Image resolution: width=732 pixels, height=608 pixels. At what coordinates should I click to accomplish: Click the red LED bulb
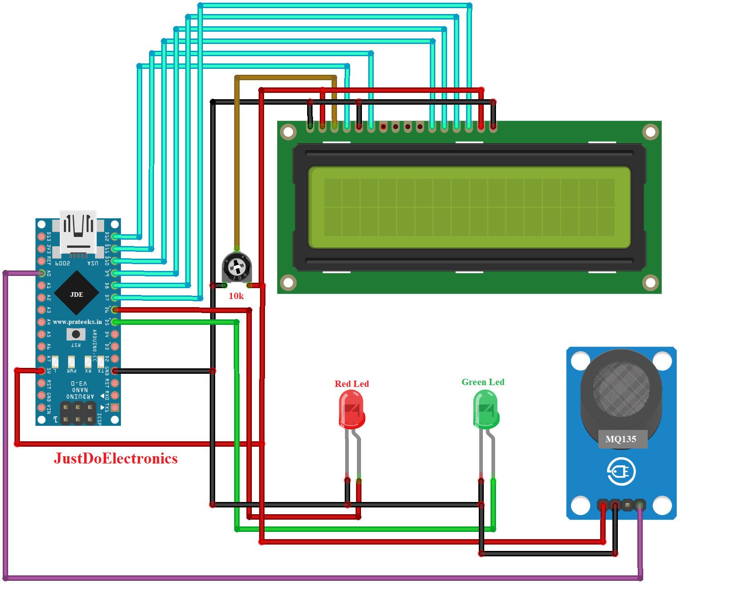pos(352,410)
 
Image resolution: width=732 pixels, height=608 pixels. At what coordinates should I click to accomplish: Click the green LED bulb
pos(486,410)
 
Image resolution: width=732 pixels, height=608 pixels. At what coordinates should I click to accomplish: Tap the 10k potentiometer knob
pos(236,267)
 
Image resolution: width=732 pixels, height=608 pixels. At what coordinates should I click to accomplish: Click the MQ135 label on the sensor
pos(621,439)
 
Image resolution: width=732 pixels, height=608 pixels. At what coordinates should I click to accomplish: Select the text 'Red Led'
pos(352,384)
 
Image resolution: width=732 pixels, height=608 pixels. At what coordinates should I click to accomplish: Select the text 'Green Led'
pos(483,382)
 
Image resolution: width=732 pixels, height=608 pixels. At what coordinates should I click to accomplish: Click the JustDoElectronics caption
pos(116,458)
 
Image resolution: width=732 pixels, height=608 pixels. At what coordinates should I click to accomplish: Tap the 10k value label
pos(236,296)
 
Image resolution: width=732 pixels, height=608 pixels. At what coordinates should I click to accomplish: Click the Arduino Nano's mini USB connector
pos(78,231)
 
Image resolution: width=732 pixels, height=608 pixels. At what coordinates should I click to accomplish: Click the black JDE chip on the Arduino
pos(77,294)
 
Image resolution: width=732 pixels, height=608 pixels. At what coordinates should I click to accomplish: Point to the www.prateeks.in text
pos(77,322)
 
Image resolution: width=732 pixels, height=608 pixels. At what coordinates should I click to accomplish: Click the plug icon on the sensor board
pos(621,472)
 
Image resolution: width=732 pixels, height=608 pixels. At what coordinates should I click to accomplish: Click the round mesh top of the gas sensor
pos(621,389)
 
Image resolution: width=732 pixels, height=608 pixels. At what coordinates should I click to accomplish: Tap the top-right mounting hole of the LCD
pos(650,132)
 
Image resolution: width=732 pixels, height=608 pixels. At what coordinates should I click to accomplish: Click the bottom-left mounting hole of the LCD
pos(288,282)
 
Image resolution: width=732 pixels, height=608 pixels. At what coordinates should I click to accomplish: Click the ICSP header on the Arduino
pos(78,413)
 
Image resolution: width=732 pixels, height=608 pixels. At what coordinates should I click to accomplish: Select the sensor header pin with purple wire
pos(640,504)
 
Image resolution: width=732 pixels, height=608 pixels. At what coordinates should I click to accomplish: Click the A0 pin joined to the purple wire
pos(41,273)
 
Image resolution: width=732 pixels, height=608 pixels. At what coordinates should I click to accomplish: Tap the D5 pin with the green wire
pos(115,322)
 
